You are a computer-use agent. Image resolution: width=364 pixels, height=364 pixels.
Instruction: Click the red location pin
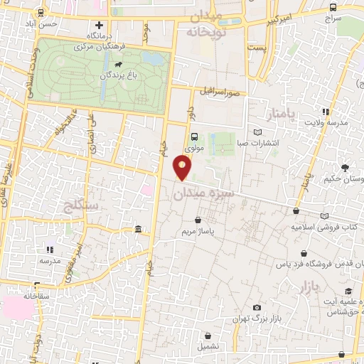183,168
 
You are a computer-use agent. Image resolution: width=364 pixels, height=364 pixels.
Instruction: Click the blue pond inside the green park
150,59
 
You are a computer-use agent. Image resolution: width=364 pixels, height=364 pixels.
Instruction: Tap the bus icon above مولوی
193,137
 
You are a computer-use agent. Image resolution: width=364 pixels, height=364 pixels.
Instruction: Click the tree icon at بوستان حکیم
345,168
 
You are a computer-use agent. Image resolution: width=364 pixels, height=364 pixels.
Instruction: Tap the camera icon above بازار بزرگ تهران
256,306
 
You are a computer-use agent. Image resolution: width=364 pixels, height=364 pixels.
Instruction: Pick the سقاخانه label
39,295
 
